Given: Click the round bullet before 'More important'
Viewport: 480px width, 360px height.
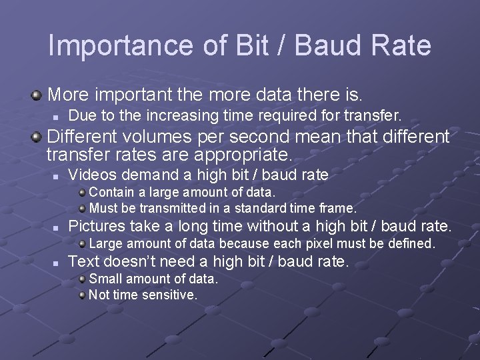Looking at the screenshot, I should [x=37, y=91].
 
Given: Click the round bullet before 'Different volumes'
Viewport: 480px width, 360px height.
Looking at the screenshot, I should [x=37, y=137].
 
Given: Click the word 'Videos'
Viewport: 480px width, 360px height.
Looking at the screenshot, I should [x=91, y=175].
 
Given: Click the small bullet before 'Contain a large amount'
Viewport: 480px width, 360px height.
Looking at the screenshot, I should [x=81, y=193].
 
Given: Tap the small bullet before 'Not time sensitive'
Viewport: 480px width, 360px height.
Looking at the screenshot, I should [x=81, y=294].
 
